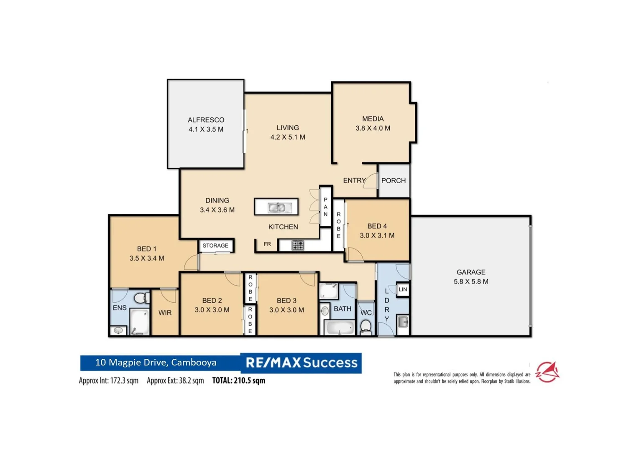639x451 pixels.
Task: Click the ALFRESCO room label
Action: [x=206, y=120]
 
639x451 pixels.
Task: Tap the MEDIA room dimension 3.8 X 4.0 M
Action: [x=373, y=129]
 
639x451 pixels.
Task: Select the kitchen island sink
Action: [x=277, y=208]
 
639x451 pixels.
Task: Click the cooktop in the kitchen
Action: [x=298, y=245]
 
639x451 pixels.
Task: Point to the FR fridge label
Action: [x=267, y=244]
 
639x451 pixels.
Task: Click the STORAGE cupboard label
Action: [x=215, y=246]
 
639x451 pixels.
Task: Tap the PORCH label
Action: [x=393, y=180]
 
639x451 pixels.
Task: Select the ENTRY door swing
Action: [x=371, y=181]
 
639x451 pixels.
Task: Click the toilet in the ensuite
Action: [x=141, y=298]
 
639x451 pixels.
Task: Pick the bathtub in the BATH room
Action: [x=339, y=327]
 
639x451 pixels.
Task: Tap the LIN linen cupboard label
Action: [x=403, y=289]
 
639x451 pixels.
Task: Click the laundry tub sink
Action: [x=403, y=322]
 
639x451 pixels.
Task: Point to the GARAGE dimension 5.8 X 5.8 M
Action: [x=471, y=282]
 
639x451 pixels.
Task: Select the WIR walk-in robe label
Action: [x=165, y=313]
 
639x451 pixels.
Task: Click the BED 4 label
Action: [x=377, y=226]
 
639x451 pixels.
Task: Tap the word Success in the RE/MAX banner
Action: [x=330, y=362]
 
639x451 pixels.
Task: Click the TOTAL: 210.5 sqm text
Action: [x=238, y=380]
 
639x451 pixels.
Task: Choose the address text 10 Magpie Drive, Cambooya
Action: [x=156, y=362]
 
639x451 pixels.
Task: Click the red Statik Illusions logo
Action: [x=547, y=372]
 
